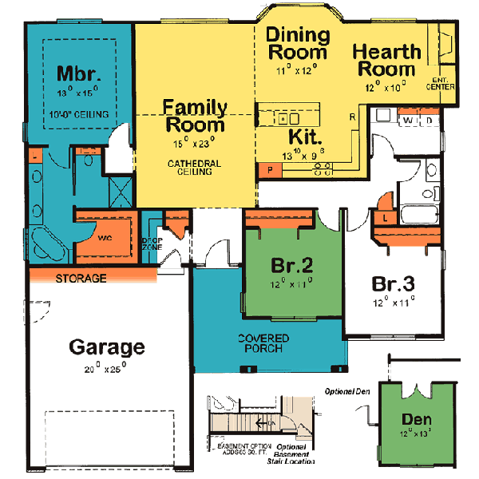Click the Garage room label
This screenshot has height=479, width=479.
click(x=106, y=347)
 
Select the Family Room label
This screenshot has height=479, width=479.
click(x=196, y=116)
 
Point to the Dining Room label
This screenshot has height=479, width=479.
click(x=297, y=44)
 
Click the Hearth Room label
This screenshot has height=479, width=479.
click(x=387, y=61)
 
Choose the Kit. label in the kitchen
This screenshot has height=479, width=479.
click(x=305, y=135)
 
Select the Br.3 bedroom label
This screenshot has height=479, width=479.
click(x=393, y=285)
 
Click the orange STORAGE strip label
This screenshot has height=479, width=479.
click(x=81, y=279)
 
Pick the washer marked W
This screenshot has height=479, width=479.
click(x=409, y=120)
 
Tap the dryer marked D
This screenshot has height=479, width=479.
click(x=428, y=120)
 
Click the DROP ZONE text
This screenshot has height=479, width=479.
click(x=152, y=243)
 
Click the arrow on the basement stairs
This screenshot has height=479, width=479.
click(x=262, y=424)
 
